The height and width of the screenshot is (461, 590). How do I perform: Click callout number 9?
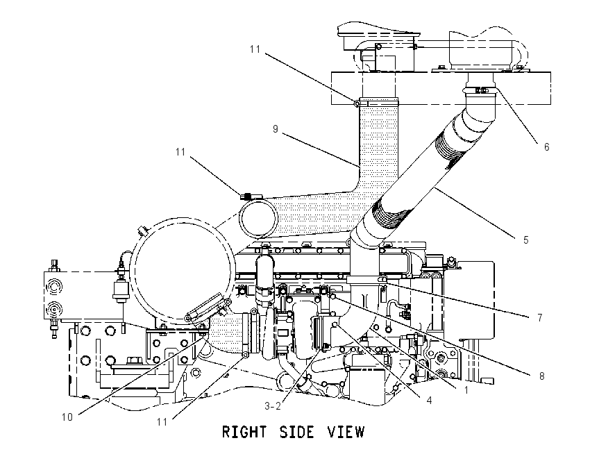276,129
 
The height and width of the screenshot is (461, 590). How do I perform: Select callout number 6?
547,146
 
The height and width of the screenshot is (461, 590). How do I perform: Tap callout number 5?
525,240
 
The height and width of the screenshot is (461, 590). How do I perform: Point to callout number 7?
540,318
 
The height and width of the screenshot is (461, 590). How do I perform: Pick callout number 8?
542,376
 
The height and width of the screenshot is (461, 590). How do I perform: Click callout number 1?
466,390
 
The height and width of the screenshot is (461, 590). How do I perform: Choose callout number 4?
429,401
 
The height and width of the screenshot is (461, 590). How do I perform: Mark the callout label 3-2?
272,406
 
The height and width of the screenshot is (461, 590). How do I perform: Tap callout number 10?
67,417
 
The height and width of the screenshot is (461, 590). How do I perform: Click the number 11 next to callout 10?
162,422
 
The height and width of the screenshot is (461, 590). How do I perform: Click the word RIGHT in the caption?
244,432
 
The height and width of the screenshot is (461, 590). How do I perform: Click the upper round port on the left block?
53,286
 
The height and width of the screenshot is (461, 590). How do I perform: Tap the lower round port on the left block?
53,310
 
